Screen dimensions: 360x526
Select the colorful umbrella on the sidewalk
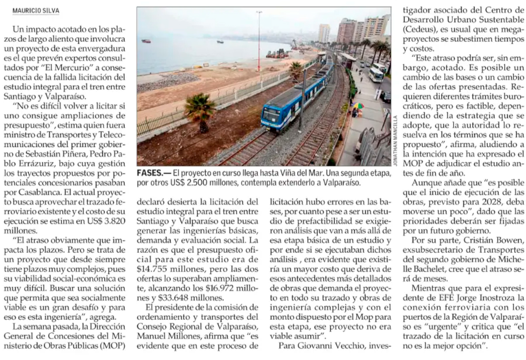(358, 106)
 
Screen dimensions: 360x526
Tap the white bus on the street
(376, 74)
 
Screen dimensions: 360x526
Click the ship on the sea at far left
(146, 41)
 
